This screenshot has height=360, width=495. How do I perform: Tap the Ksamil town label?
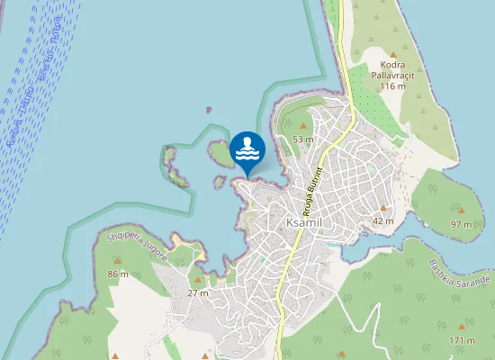(x=302, y=222)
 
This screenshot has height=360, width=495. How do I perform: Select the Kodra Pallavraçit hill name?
(x=392, y=70)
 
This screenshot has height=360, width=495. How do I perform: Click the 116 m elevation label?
(x=393, y=86)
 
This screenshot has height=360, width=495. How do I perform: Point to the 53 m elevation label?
(x=302, y=139)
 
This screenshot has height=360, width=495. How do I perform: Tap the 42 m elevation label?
(x=383, y=220)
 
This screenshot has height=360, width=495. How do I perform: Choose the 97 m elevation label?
(x=461, y=223)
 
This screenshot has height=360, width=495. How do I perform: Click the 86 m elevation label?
(x=119, y=274)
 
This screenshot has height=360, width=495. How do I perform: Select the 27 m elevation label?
(x=198, y=293)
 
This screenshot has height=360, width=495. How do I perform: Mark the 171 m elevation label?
(x=462, y=340)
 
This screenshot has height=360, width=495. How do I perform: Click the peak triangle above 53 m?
(x=302, y=127)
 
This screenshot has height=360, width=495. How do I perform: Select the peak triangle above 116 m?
(x=393, y=55)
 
